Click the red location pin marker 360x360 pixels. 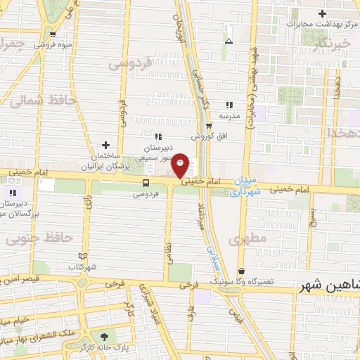coord(181,166)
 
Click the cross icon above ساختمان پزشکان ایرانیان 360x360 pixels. coord(105,144)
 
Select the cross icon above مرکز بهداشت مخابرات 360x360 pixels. coord(323,13)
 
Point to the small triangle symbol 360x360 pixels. coord(228,41)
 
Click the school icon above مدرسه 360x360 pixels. coord(229,105)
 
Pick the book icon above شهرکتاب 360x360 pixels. coord(84,257)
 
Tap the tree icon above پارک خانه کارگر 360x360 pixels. coord(104,337)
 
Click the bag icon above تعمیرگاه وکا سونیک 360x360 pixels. coord(242,271)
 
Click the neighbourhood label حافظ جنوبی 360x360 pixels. coord(39,239)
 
